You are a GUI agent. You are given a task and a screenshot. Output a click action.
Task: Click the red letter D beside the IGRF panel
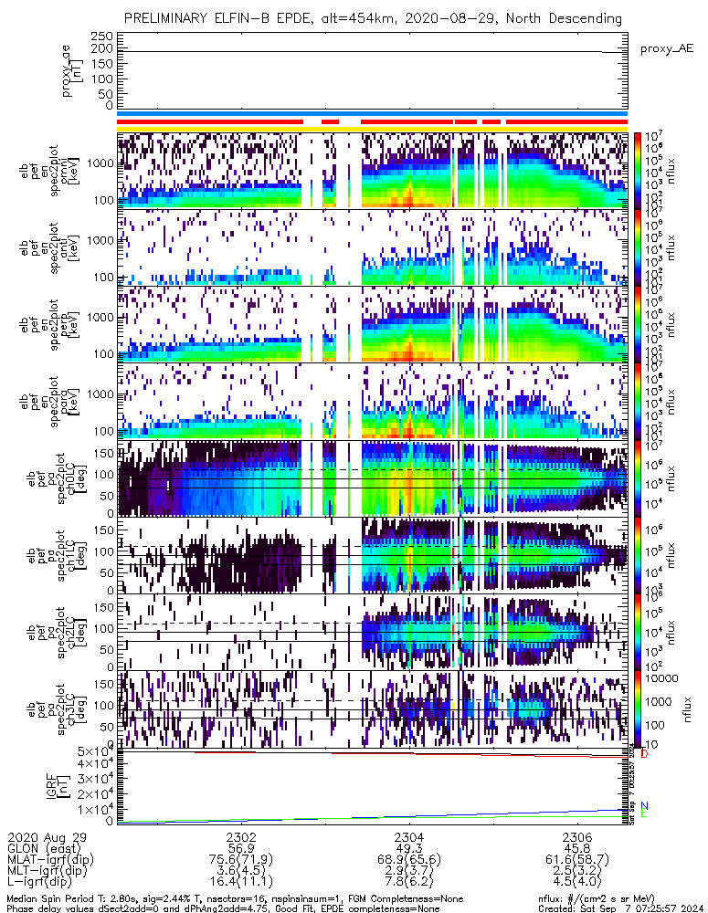click(644, 754)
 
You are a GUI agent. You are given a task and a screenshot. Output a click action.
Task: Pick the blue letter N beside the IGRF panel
click(644, 805)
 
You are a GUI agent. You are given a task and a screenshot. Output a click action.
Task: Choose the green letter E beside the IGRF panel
click(644, 813)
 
